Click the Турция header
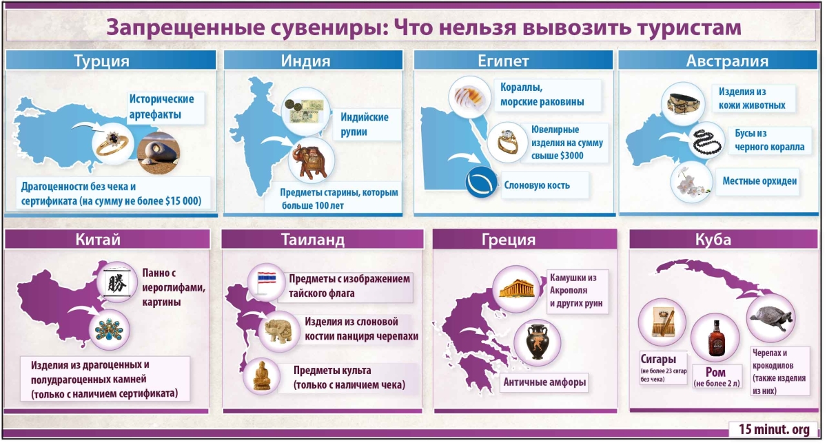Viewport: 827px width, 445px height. (111, 60)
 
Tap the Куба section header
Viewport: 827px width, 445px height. (723, 239)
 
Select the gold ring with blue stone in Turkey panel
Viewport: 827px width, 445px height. (112, 143)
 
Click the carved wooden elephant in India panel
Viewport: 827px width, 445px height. (312, 162)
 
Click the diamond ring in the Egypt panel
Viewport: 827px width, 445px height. (507, 143)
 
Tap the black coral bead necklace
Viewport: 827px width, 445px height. (706, 141)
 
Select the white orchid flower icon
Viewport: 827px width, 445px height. (691, 183)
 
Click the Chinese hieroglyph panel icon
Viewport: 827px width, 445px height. (117, 282)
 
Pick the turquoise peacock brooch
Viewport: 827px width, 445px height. (110, 329)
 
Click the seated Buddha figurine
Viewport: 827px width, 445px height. (262, 375)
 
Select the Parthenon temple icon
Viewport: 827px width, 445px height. (516, 289)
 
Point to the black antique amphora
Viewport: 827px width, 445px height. (537, 342)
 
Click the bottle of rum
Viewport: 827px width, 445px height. (715, 339)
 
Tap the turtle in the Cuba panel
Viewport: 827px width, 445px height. (771, 318)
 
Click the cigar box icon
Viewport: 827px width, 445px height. (663, 322)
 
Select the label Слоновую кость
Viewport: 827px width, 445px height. (537, 185)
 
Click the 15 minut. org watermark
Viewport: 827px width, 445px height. (774, 430)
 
